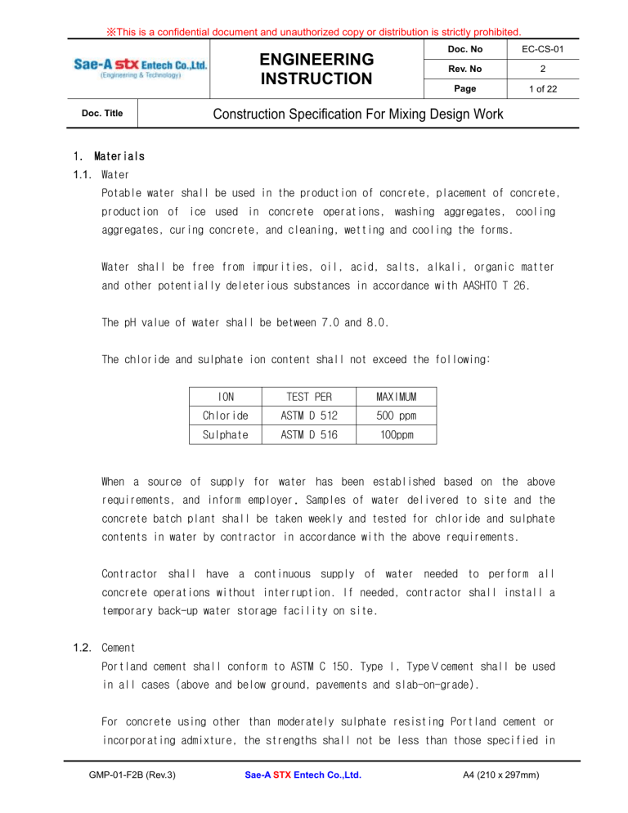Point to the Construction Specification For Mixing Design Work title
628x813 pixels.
358,115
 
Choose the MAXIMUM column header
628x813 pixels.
397,397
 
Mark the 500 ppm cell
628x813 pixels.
397,415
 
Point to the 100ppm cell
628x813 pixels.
397,435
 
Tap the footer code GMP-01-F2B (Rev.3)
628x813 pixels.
125,797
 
